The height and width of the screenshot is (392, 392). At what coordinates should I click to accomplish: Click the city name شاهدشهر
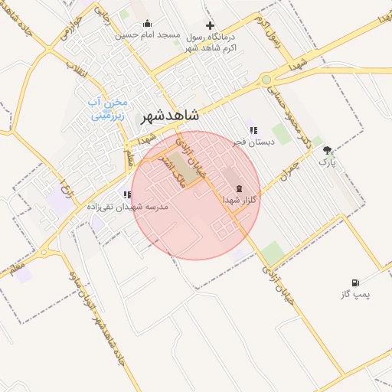pos(170,116)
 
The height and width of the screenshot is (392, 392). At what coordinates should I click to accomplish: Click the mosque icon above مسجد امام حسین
pos(147,24)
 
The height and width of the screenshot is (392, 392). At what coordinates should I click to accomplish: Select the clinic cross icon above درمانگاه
pos(210,25)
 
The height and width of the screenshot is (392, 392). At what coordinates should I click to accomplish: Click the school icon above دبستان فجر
pos(253,130)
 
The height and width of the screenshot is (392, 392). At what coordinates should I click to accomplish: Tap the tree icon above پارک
pos(328,151)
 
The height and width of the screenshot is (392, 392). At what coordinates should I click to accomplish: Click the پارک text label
pos(327,162)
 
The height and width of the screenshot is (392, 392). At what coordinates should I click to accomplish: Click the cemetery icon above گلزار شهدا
pos(238,188)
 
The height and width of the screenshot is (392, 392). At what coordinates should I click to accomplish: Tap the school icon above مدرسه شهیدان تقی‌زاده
pos(126,195)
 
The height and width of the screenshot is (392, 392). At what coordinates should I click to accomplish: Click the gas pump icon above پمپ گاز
pos(355,283)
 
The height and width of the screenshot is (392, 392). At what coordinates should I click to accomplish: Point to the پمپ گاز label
pos(355,294)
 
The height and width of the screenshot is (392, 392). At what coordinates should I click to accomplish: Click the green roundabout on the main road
pos(266,79)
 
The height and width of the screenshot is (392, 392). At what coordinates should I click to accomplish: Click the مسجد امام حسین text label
pos(148,35)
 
